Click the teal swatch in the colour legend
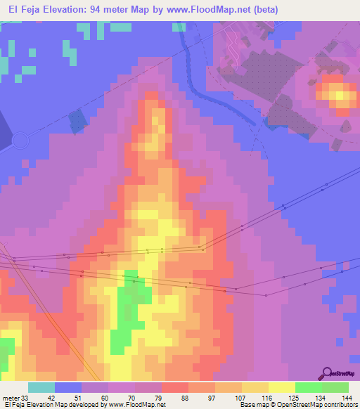pos(41,387)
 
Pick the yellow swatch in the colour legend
pos(281,387)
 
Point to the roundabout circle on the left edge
pos(19,141)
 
